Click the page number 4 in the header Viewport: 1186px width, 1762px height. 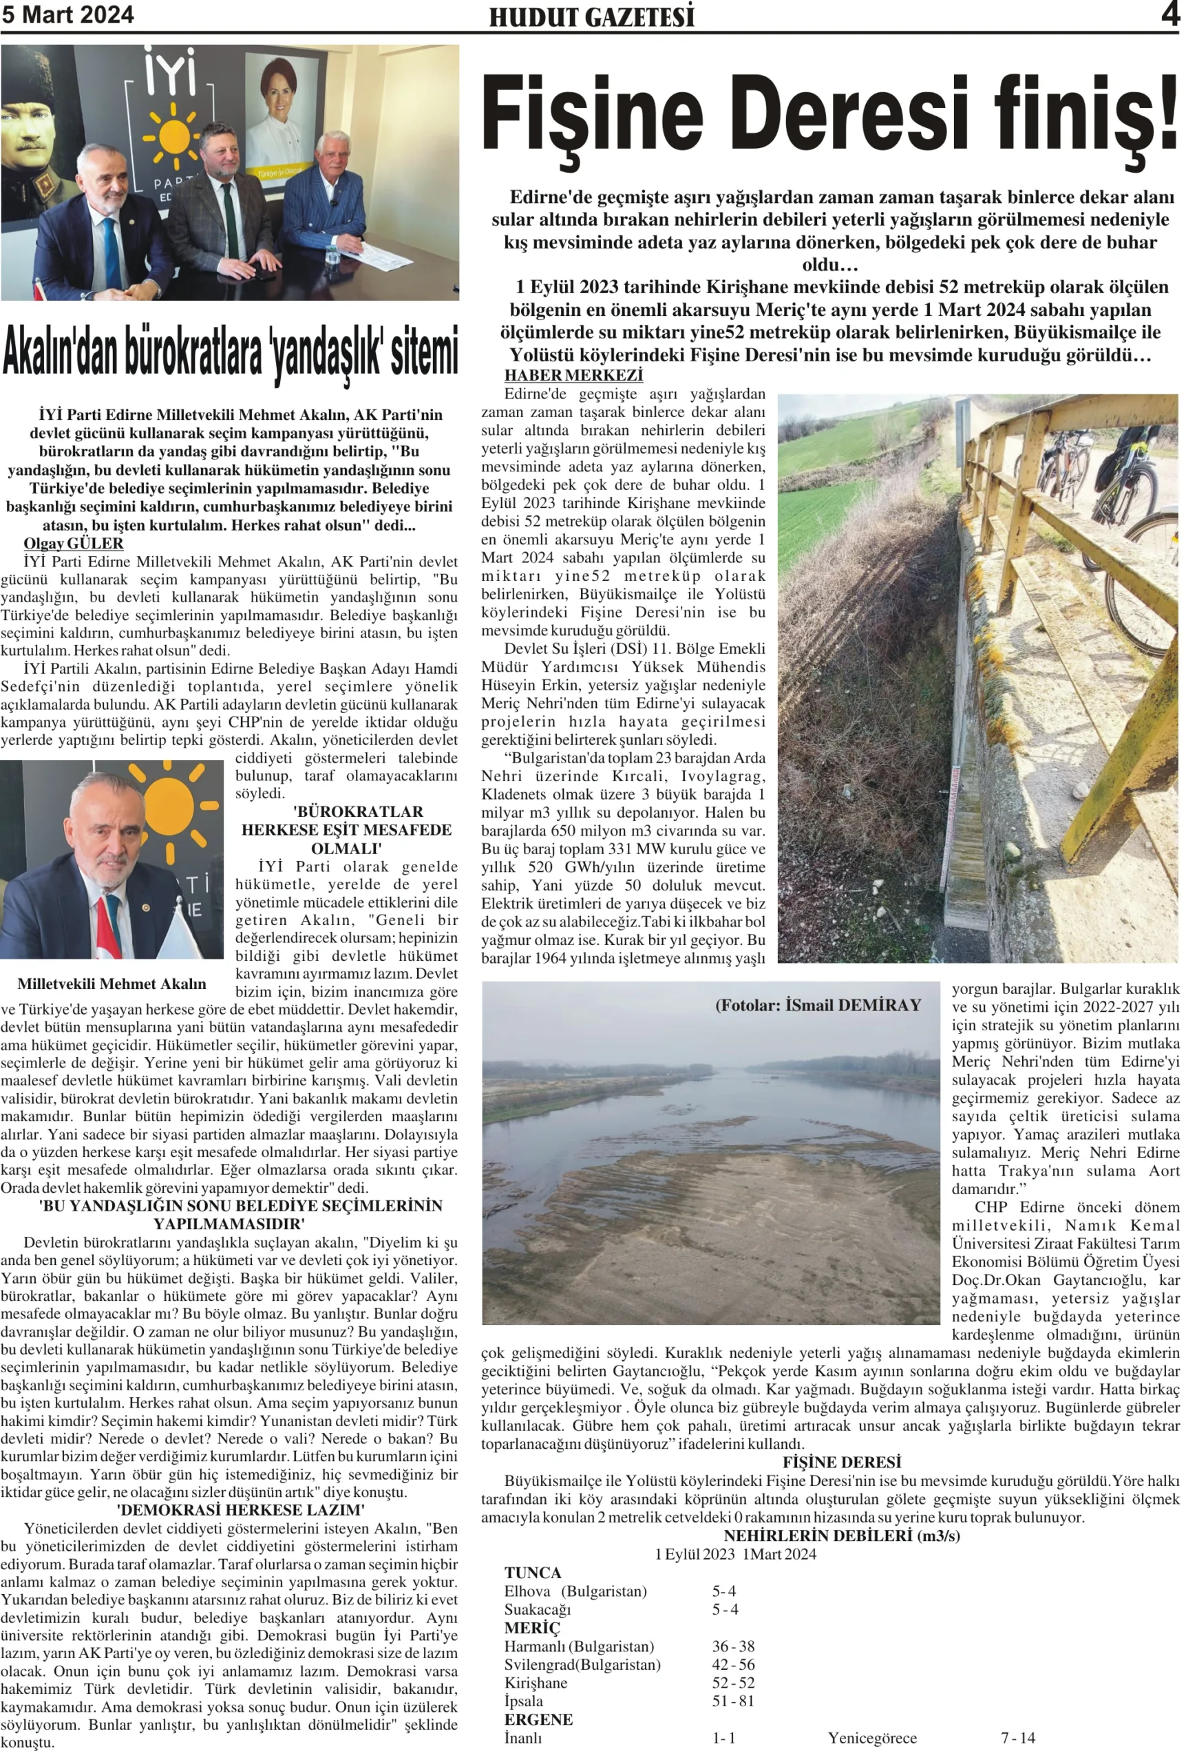tap(1170, 15)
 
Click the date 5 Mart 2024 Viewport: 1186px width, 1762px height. tap(67, 15)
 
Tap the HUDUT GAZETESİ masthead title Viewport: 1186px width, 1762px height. tap(591, 17)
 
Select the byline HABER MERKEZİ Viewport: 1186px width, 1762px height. tap(573, 375)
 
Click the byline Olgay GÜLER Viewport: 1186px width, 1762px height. tap(74, 543)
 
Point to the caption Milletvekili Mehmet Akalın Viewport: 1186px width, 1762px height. tap(112, 984)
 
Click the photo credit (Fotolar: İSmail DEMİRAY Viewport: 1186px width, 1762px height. tap(818, 1005)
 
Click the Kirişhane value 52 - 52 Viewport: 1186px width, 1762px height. tap(732, 1683)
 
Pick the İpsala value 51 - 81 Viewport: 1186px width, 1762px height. tap(732, 1701)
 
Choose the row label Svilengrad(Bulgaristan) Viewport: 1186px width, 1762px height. tap(582, 1664)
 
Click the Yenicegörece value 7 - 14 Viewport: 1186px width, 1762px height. tap(1017, 1738)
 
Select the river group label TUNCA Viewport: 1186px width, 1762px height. tap(533, 1573)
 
